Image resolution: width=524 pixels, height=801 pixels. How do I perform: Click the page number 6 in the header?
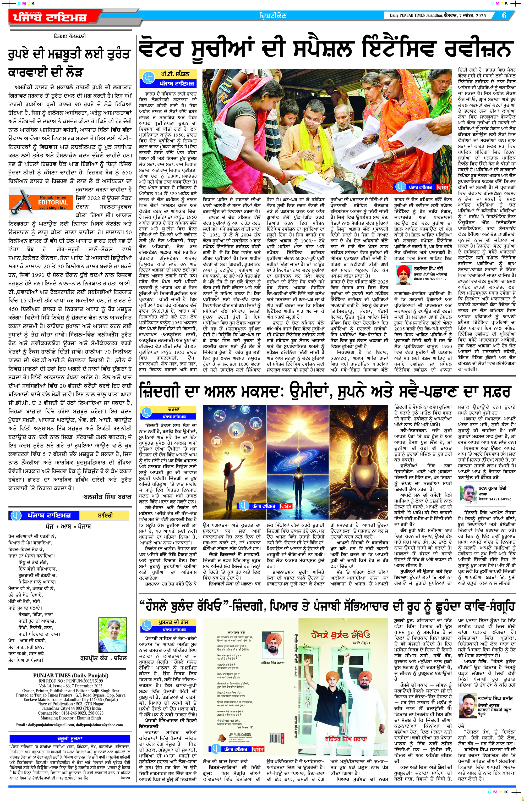504,15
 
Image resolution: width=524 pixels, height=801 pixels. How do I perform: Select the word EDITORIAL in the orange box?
53,202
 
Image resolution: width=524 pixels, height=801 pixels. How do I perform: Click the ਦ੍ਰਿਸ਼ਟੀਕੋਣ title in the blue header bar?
273,15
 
